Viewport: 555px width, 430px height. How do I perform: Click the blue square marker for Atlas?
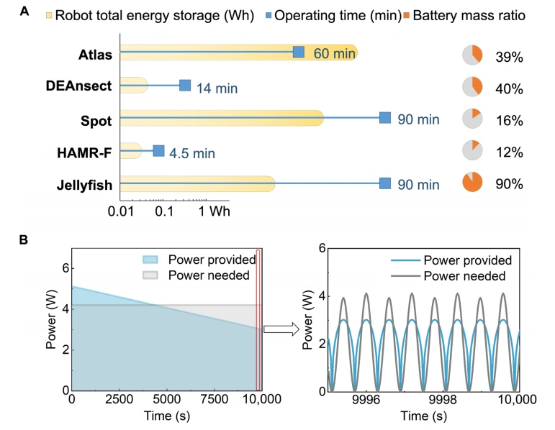pos(299,52)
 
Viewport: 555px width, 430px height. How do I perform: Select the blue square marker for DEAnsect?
pos(185,86)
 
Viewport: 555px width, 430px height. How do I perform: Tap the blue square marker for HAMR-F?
pos(158,150)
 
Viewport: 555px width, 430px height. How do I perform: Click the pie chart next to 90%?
pos(472,182)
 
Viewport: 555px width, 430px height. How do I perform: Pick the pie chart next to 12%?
pos(472,150)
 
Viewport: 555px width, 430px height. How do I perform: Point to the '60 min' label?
pos(334,53)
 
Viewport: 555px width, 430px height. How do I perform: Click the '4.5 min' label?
pos(192,153)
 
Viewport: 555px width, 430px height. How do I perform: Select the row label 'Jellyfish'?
pos(84,186)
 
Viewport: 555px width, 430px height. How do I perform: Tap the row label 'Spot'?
pos(96,121)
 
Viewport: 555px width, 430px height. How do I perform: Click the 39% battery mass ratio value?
pos(509,57)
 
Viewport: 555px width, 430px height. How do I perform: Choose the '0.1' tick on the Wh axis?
pos(164,211)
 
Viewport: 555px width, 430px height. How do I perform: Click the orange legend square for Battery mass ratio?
pos(406,15)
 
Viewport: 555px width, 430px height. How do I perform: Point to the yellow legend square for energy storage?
pos(49,15)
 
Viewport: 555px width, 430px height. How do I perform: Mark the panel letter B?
pos(23,239)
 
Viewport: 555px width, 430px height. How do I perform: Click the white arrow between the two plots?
pos(281,329)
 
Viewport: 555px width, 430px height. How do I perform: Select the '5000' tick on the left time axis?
pos(167,399)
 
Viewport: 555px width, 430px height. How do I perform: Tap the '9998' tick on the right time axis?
pos(443,400)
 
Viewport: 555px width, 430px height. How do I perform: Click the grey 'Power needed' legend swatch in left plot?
pos(150,275)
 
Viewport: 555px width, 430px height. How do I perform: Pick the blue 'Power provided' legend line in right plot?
pos(405,260)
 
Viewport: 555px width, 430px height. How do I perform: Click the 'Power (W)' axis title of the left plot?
pos(51,319)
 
